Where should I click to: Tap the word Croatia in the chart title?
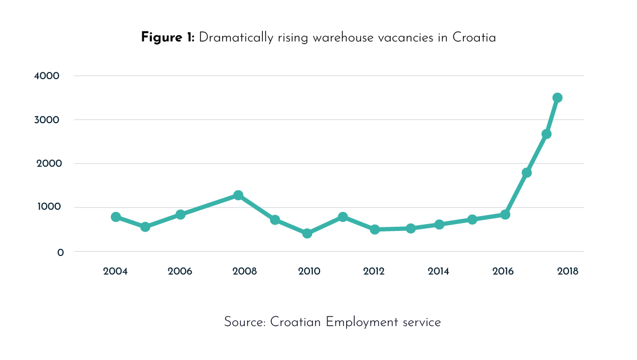point(474,38)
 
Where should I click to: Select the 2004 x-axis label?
point(115,271)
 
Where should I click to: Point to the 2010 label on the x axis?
point(309,271)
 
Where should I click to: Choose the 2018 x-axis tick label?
point(567,271)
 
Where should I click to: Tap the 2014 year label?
point(438,271)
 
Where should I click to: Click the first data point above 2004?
point(116,217)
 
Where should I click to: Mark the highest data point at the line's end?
point(557,98)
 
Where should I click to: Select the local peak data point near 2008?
point(238,195)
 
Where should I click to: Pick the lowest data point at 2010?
point(307,233)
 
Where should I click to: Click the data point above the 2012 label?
point(375,229)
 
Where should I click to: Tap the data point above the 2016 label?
point(505,215)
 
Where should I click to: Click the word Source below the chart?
point(244,322)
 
